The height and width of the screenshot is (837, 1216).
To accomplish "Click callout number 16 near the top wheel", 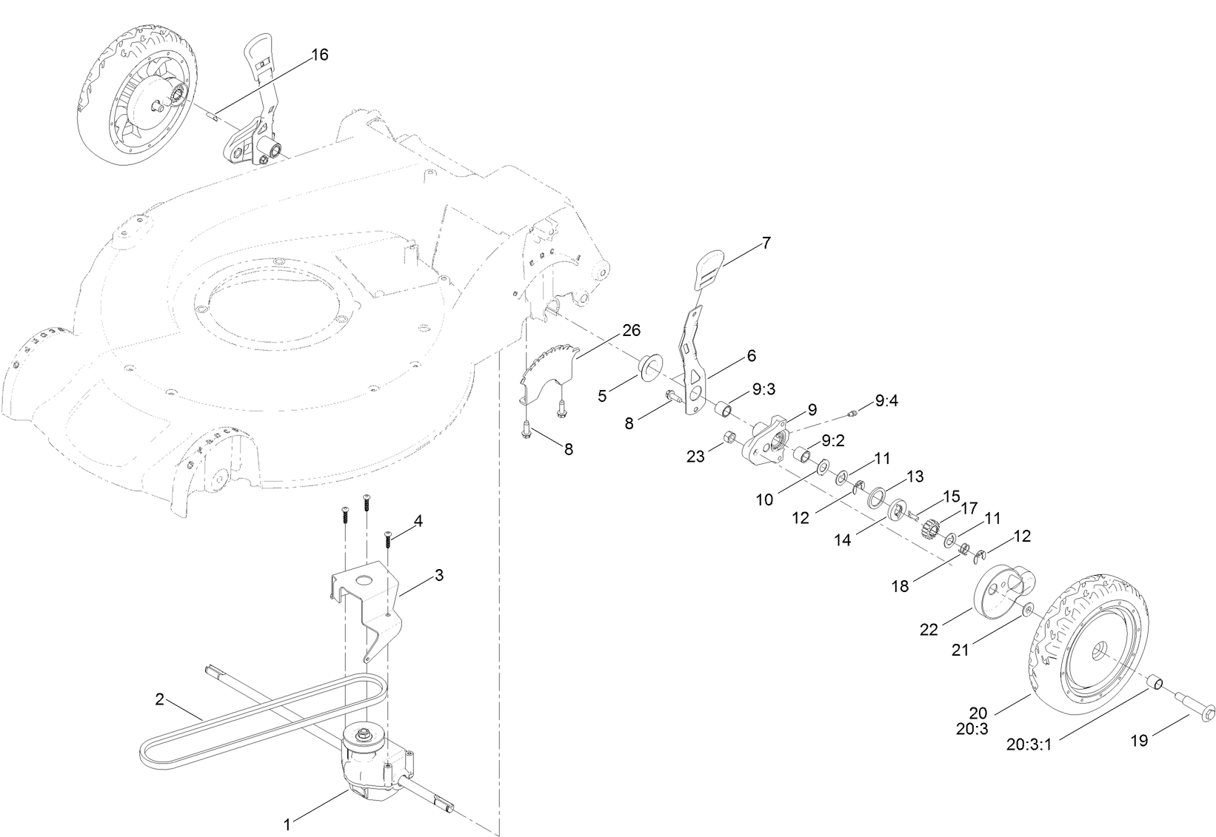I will pyautogui.click(x=319, y=56).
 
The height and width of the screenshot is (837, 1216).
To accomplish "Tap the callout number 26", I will pyautogui.click(x=631, y=330).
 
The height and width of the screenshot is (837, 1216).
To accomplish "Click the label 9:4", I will pyautogui.click(x=886, y=400).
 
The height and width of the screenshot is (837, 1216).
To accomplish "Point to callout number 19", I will pyautogui.click(x=1139, y=739).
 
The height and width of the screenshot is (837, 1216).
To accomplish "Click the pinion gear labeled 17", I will pyautogui.click(x=931, y=528).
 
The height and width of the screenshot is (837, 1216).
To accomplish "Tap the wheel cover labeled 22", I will pyautogui.click(x=998, y=590).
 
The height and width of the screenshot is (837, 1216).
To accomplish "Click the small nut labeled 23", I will pyautogui.click(x=729, y=439).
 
